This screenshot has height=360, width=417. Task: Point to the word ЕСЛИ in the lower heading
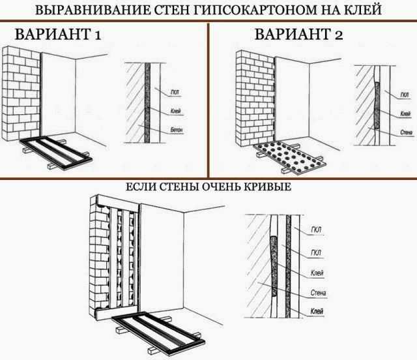[145, 187]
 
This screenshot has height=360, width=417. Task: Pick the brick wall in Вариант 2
[252, 98]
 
